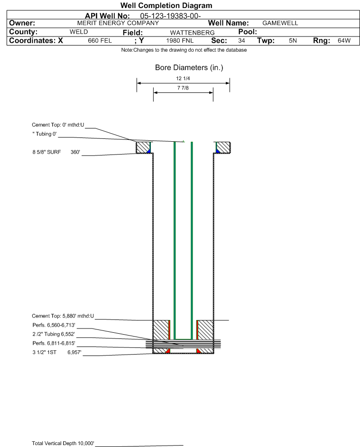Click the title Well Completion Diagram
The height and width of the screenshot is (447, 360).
166,5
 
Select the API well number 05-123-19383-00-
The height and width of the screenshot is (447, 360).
170,16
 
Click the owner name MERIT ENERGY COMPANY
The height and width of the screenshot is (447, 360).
118,23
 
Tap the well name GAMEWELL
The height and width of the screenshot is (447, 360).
280,23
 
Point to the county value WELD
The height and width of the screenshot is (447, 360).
79,32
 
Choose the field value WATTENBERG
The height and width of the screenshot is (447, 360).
192,33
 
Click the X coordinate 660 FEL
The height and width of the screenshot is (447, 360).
100,41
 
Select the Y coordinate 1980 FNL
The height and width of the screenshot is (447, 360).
180,41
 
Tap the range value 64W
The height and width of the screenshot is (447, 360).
344,41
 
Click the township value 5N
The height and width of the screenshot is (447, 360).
293,41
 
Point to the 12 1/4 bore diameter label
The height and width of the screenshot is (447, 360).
183,78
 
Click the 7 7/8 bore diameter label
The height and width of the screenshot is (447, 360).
183,88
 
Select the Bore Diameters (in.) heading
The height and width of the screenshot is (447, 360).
189,68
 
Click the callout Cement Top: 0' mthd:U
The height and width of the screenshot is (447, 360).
58,125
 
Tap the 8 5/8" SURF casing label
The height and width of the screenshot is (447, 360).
47,152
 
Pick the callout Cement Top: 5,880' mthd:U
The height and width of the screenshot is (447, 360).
63,316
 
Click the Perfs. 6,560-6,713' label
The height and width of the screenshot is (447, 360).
54,325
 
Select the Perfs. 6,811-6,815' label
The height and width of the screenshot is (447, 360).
54,343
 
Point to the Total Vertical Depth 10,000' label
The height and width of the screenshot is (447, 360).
63,443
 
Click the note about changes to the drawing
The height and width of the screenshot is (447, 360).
184,50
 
